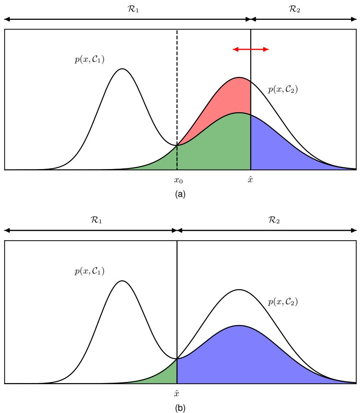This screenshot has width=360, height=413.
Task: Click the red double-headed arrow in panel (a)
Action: (x=250, y=49)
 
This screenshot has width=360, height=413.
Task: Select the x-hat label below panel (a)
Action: (x=250, y=180)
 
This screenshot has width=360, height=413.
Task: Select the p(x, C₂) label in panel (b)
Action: (x=283, y=302)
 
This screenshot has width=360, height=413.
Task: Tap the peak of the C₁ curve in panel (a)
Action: (x=122, y=69)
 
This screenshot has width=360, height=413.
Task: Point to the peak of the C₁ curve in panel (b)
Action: (x=122, y=281)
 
